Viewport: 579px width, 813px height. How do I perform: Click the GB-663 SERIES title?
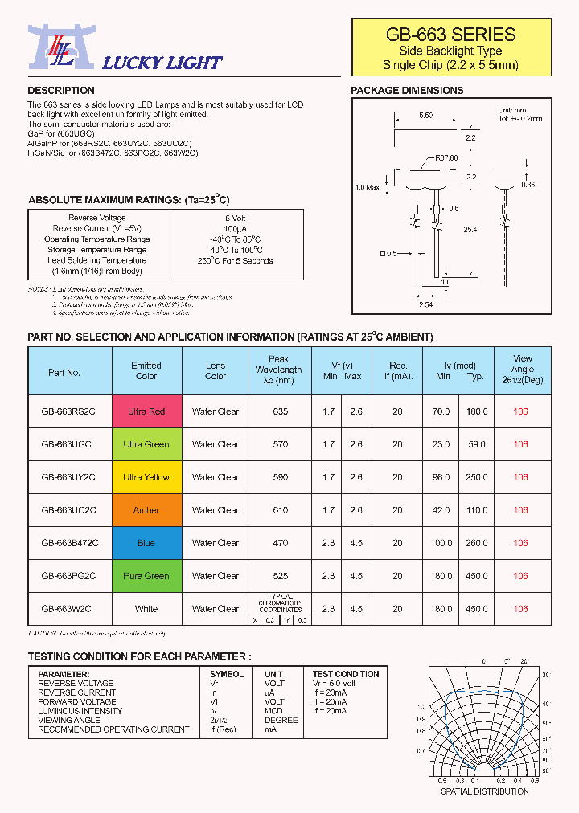tap(450, 34)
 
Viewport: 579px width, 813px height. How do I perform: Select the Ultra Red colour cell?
tap(146, 411)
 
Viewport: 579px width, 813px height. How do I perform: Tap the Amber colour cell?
tap(146, 510)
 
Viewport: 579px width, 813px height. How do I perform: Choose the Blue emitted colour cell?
tap(146, 543)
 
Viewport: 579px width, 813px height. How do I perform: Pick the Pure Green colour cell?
tap(146, 576)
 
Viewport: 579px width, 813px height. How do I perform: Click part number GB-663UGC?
tap(68, 444)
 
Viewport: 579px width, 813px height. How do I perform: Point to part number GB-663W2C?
tap(68, 609)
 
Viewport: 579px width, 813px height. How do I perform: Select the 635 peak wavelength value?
tap(280, 411)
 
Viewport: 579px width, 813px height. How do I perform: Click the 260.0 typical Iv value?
tap(476, 543)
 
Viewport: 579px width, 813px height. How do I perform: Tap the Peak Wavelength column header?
tap(279, 370)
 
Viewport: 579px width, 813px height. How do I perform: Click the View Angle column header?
tap(522, 370)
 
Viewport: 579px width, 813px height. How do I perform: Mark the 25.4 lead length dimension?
tap(470, 230)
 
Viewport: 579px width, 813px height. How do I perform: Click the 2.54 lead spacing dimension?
tap(426, 305)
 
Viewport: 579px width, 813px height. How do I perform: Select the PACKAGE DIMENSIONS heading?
tap(407, 91)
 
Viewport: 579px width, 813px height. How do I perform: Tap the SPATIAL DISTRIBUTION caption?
tap(484, 791)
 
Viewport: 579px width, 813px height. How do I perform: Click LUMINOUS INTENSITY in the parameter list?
tap(80, 711)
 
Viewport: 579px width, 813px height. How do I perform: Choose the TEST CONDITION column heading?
tap(346, 674)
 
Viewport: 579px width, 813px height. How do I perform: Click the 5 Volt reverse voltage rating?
tap(236, 218)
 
